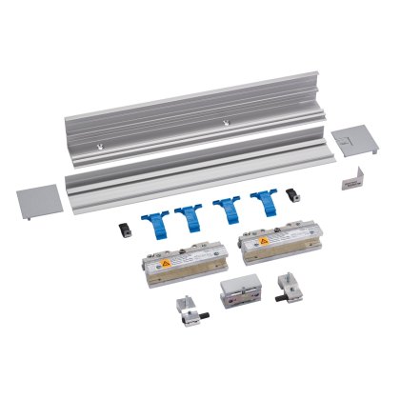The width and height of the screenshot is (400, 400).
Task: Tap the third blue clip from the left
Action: tap(226, 210)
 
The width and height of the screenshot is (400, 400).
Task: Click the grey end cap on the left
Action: tap(39, 200)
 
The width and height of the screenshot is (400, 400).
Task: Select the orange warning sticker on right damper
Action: tap(257, 244)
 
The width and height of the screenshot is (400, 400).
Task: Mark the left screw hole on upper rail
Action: tap(100, 147)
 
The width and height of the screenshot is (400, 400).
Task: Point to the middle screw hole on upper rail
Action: tap(225, 121)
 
